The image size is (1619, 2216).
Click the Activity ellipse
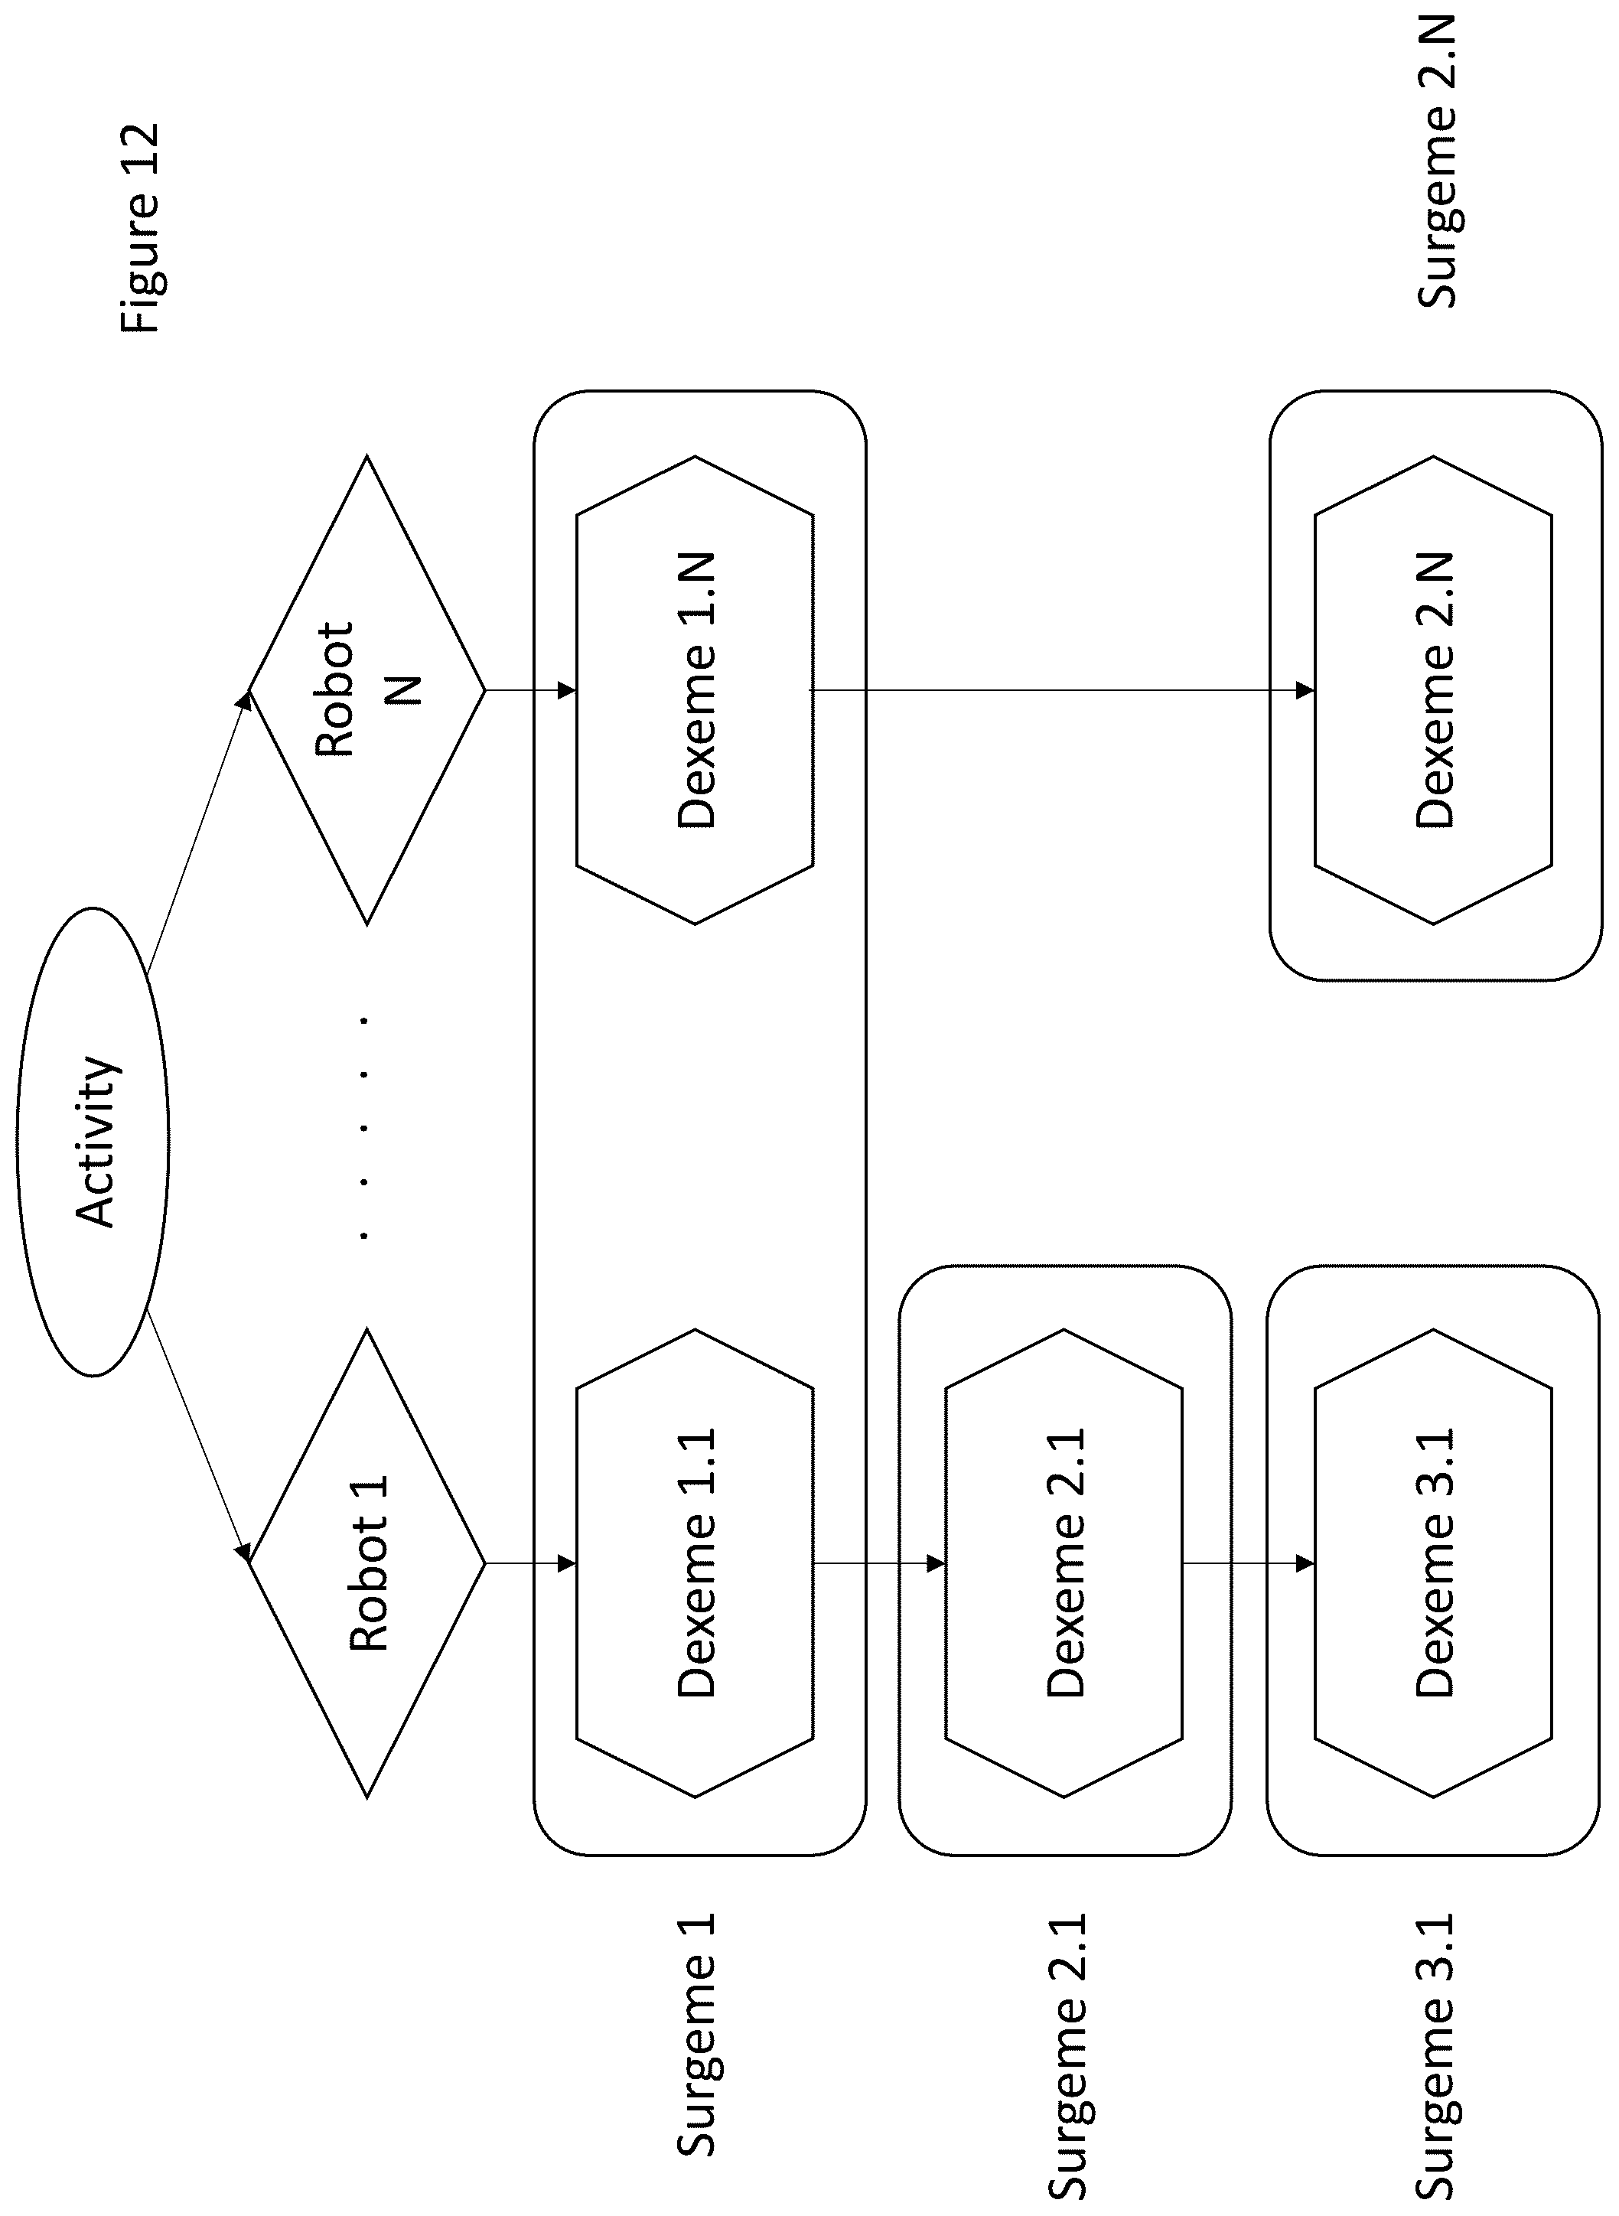point(93,1142)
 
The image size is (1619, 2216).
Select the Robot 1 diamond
point(367,1563)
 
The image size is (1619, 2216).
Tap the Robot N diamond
point(367,690)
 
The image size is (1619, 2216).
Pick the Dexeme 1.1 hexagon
point(695,1563)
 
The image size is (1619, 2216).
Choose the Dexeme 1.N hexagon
point(695,690)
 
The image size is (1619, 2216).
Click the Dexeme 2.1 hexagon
point(1064,1563)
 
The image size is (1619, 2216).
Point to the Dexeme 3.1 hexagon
point(1434,1563)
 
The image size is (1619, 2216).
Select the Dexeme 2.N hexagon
point(1434,690)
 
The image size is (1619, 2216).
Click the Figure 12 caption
point(138,227)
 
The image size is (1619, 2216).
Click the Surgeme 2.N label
point(1437,161)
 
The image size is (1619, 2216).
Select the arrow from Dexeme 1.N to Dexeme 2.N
point(1062,690)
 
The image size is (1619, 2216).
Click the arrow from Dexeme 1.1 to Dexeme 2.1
point(879,1563)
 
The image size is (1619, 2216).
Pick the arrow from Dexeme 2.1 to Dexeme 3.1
point(1249,1563)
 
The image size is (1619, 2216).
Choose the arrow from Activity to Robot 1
point(199,1436)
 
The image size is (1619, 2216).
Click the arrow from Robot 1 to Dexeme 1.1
point(531,1563)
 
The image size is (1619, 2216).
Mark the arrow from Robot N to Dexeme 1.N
point(531,690)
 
